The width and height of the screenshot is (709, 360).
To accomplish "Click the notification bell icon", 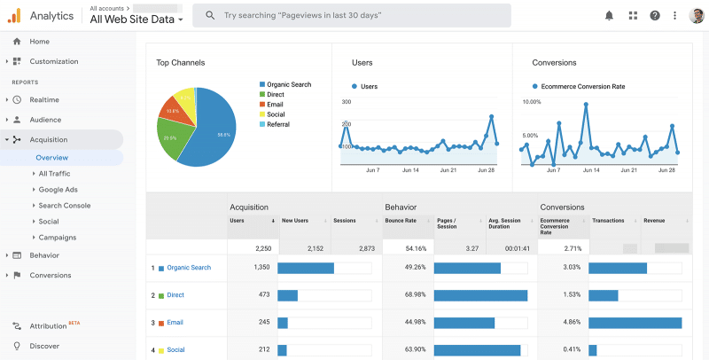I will point(609,16).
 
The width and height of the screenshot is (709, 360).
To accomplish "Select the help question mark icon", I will point(655,16).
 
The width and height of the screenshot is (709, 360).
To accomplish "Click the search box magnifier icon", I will point(210,16).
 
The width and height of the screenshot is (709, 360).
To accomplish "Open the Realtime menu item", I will point(45,100).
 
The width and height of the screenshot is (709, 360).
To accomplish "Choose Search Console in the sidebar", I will point(64,206).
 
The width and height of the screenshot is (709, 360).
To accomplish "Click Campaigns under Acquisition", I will point(57,238).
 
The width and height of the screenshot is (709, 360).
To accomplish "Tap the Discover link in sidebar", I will point(44,346).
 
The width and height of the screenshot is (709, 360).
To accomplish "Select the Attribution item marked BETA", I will point(48,326).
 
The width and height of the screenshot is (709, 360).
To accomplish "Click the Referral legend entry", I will point(278,124).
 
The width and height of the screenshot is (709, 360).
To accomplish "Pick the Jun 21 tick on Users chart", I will point(448,170).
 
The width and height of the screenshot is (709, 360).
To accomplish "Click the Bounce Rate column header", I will point(401,221).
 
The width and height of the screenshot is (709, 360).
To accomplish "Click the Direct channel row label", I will point(175,294).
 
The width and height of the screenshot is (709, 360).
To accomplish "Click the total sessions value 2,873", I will point(363,249).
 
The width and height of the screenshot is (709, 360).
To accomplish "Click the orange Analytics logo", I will point(15,16).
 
